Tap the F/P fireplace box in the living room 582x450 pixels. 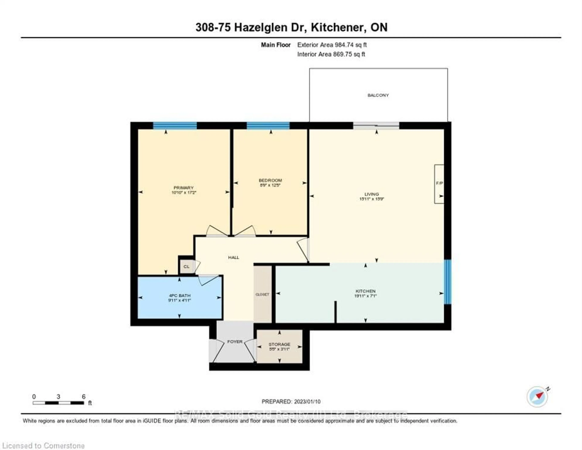coord(439,184)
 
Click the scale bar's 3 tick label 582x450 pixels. coord(58,397)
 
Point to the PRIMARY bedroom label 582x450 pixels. coord(183,188)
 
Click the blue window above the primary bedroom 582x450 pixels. coord(175,126)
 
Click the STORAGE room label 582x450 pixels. coord(279,344)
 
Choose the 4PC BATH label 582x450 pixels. coord(180,296)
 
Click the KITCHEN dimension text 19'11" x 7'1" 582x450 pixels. coord(365,296)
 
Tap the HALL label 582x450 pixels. coord(233,257)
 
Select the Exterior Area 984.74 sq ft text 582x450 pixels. coord(332,45)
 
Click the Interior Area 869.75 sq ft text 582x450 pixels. coord(331,54)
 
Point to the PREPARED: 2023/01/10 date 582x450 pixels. coord(291,401)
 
